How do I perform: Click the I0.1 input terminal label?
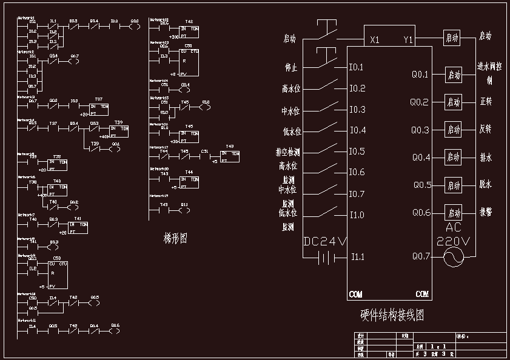pyautogui.click(x=356, y=67)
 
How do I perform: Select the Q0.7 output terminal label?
pyautogui.click(x=420, y=257)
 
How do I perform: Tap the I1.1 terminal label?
pyautogui.click(x=358, y=258)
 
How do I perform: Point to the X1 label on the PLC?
pyautogui.click(x=375, y=40)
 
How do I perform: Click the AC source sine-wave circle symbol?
pyautogui.click(x=453, y=258)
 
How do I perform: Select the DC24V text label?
pyautogui.click(x=325, y=241)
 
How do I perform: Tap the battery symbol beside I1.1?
pyautogui.click(x=326, y=258)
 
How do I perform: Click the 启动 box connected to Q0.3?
pyautogui.click(x=454, y=130)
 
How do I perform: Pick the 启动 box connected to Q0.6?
pyautogui.click(x=454, y=213)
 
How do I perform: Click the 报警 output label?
pyautogui.click(x=486, y=212)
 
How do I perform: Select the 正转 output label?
pyautogui.click(x=486, y=101)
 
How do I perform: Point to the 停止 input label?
pyautogui.click(x=290, y=67)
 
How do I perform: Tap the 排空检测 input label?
pyautogui.click(x=288, y=152)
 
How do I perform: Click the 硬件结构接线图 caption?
pyautogui.click(x=392, y=316)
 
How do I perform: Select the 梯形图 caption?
pyautogui.click(x=175, y=239)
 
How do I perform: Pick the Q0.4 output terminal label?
pyautogui.click(x=421, y=158)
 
